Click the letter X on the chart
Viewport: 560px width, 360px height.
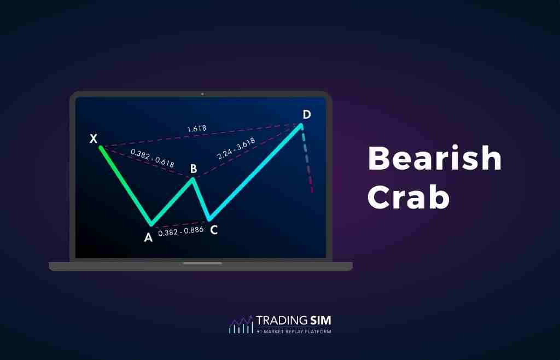point(94,138)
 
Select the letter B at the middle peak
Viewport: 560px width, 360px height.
point(193,169)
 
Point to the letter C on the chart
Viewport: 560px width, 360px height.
point(214,230)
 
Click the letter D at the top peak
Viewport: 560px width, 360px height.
point(307,114)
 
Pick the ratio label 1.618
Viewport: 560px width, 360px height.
point(197,129)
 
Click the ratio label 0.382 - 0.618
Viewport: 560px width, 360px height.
point(153,158)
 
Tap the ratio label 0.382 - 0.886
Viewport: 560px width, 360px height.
point(180,231)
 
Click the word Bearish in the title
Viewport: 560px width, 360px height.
point(435,159)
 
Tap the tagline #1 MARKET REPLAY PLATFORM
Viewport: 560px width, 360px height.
point(294,331)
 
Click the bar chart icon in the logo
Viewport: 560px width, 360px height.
point(241,325)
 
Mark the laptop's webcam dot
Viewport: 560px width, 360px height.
point(202,94)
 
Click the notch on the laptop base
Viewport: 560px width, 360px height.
point(202,263)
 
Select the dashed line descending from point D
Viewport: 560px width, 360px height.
point(307,161)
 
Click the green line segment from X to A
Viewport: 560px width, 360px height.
point(125,185)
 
